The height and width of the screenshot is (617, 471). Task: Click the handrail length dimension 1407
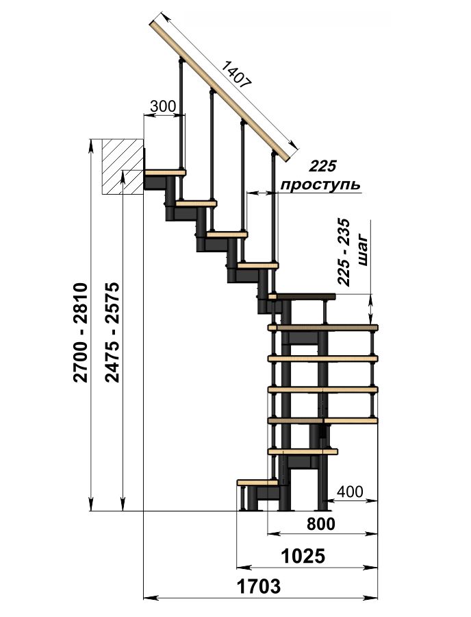click(x=236, y=73)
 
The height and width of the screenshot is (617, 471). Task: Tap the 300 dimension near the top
click(x=163, y=106)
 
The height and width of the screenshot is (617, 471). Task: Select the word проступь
click(x=321, y=185)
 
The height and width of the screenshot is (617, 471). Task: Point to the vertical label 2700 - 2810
click(x=80, y=332)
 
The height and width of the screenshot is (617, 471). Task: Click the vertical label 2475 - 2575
click(x=112, y=332)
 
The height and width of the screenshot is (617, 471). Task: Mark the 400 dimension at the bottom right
click(x=350, y=492)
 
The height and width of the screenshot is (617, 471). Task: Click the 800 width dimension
click(x=321, y=524)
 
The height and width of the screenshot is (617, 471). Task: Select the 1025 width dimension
click(x=303, y=557)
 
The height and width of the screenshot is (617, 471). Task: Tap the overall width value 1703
click(x=259, y=586)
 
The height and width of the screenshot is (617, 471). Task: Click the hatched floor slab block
click(x=123, y=166)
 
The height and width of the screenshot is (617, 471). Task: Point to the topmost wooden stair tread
click(x=165, y=172)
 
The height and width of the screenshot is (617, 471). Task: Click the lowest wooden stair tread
click(x=257, y=482)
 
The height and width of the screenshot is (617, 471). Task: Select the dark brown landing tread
click(x=302, y=296)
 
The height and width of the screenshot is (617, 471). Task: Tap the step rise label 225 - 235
click(x=344, y=252)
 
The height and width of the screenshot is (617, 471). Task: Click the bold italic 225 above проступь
click(x=322, y=166)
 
